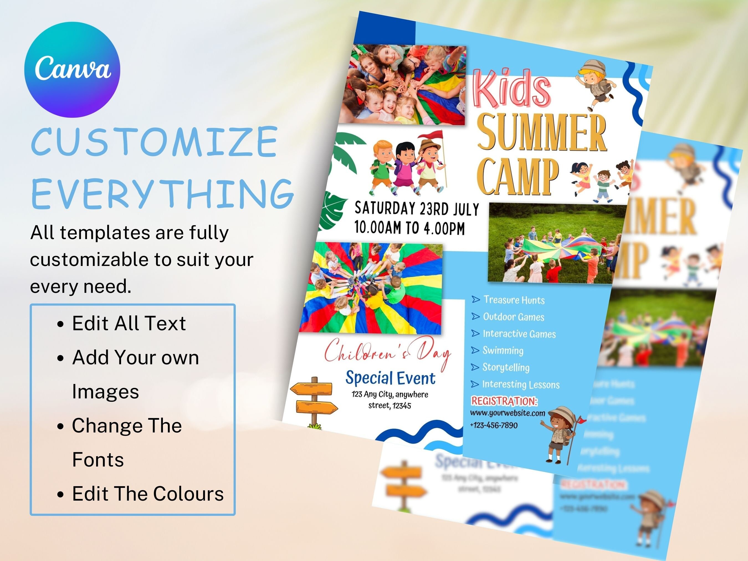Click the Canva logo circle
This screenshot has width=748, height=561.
point(72,70)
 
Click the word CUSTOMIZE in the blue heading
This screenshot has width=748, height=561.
point(154,142)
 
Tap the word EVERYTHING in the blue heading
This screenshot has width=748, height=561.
point(162,194)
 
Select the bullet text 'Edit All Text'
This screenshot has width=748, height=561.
point(129,323)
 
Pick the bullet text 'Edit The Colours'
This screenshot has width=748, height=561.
point(148,494)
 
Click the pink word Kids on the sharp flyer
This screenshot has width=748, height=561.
point(512,89)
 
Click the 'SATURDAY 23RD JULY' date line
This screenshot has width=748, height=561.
point(417,209)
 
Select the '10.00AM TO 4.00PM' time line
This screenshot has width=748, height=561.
point(409,227)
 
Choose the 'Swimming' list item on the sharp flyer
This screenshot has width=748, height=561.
point(503,350)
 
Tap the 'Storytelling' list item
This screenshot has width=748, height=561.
point(506,367)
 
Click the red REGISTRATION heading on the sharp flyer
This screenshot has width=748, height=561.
point(504,401)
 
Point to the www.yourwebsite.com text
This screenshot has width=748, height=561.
point(507,413)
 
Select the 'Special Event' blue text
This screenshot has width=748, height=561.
point(390,378)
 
